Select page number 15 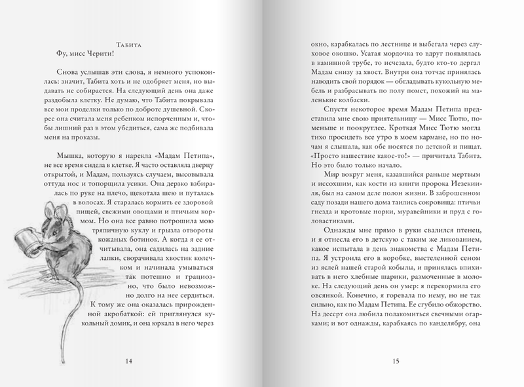tap(395, 361)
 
